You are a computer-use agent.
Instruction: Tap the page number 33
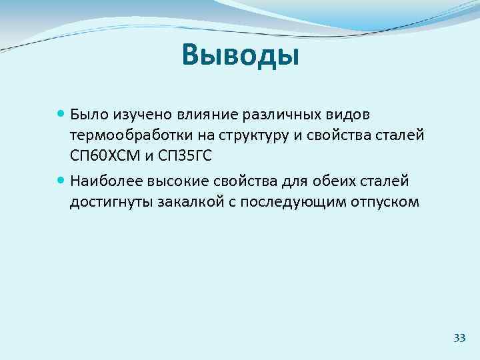tap(459, 338)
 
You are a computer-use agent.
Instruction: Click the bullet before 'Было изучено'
tap(61, 115)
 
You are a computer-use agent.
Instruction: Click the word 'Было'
tap(87, 115)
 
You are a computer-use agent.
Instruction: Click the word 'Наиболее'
tap(100, 180)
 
